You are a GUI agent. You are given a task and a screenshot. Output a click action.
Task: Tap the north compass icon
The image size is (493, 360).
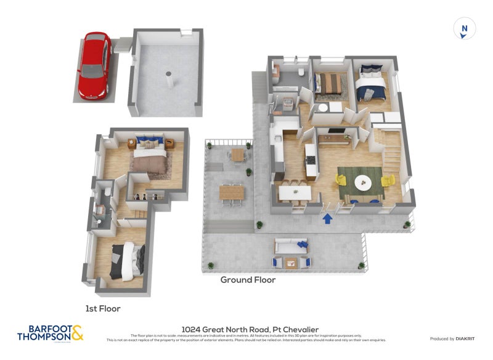[x=465, y=29]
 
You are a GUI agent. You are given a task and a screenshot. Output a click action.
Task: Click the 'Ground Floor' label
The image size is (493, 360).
[x=248, y=279]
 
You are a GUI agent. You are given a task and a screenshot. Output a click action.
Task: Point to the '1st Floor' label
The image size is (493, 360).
[x=103, y=308]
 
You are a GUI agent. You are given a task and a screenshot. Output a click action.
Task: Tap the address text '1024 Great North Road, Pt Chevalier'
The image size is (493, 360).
[x=246, y=330]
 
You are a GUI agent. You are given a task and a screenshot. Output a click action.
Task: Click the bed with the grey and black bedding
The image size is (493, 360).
[x=128, y=260]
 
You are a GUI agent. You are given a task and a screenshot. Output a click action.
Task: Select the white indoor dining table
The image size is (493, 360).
[x=295, y=193]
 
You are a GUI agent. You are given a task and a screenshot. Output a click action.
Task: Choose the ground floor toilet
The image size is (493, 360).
[x=301, y=72]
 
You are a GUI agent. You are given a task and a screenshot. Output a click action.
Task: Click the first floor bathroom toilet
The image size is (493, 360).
[x=107, y=193]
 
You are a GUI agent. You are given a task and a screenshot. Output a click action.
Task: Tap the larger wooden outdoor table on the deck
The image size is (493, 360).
[x=232, y=193]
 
